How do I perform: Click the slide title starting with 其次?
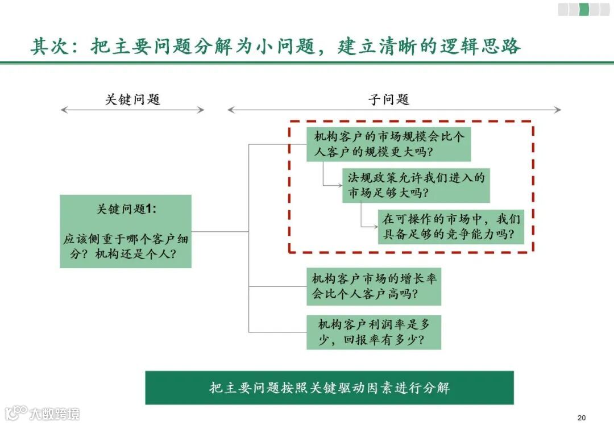(275, 46)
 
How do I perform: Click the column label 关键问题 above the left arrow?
(133, 99)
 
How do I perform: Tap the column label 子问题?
(389, 99)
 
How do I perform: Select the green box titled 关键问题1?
(126, 231)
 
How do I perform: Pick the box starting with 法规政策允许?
(416, 185)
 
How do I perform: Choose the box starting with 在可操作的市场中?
(451, 227)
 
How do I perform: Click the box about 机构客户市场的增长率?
(374, 286)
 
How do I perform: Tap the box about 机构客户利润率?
(374, 332)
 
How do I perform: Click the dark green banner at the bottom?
(329, 388)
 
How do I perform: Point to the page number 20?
(580, 417)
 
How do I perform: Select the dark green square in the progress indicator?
(583, 9)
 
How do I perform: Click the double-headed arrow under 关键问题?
(132, 110)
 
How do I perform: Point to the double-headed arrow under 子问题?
(394, 110)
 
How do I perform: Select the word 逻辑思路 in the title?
(480, 46)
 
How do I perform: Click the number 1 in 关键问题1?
(149, 209)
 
